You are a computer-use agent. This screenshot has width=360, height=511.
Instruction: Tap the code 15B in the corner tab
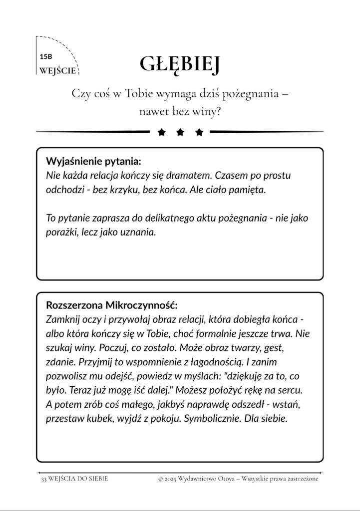tap(45, 58)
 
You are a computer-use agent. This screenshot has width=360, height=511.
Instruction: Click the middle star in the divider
tap(180, 132)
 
